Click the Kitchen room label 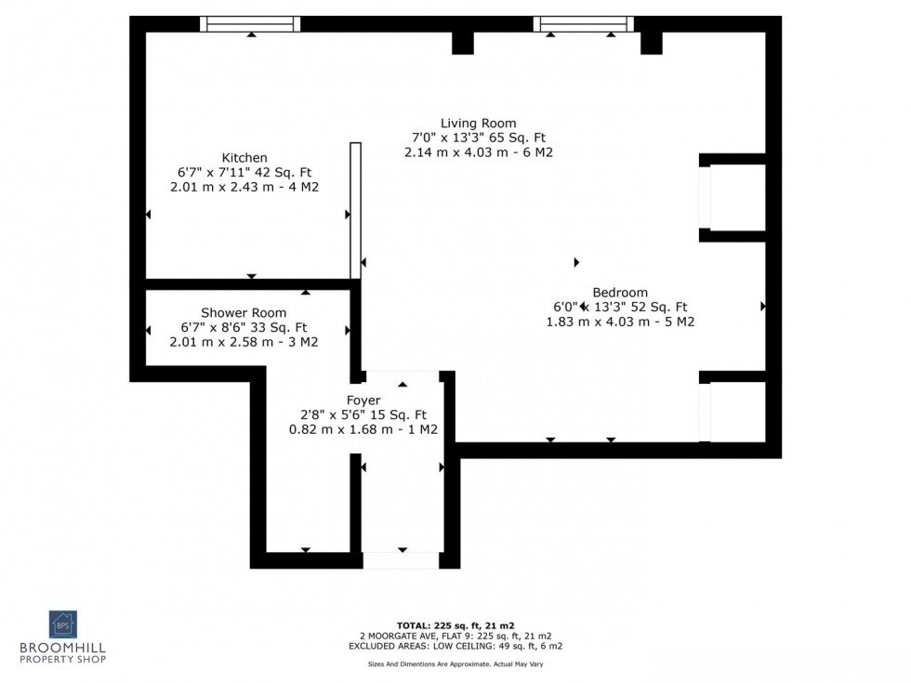coord(244,158)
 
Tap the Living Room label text coord(479,124)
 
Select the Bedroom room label coord(620,292)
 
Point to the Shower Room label coord(244,313)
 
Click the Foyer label coord(363,401)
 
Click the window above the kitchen coord(250,24)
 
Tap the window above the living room coord(583,24)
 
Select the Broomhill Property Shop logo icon coord(63,624)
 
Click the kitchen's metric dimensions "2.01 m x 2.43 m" coord(244,188)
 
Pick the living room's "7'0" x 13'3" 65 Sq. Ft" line coord(479,138)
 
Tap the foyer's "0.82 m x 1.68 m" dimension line coord(363,430)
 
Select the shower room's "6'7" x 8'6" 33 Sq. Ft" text coord(244,327)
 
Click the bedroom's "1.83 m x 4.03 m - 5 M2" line coord(620,322)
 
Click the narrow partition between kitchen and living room coord(355,210)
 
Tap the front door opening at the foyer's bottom coord(401,560)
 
